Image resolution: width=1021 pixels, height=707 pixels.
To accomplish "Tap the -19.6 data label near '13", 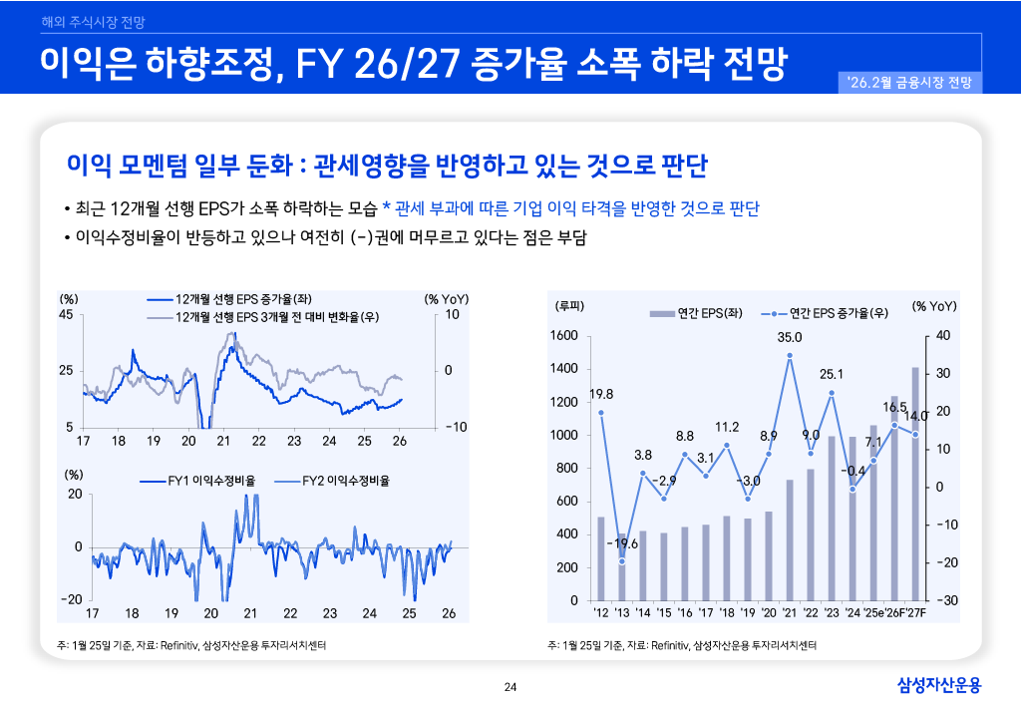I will (622, 543).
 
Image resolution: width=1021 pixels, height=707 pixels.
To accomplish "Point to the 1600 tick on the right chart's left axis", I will (564, 336).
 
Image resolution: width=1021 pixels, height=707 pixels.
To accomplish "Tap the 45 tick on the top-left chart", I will (67, 315).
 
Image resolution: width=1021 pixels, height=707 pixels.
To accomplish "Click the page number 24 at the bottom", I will (510, 686).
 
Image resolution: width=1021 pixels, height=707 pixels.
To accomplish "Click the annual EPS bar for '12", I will (601, 558).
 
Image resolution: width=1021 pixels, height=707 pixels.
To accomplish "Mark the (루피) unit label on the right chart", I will (569, 305).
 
